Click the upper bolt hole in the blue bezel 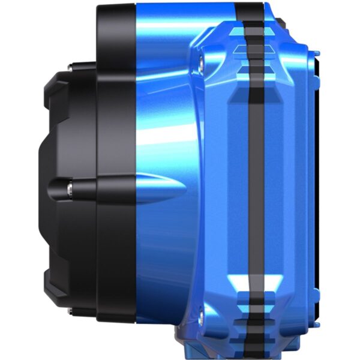(200, 60)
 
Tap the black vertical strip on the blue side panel (255, 180)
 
